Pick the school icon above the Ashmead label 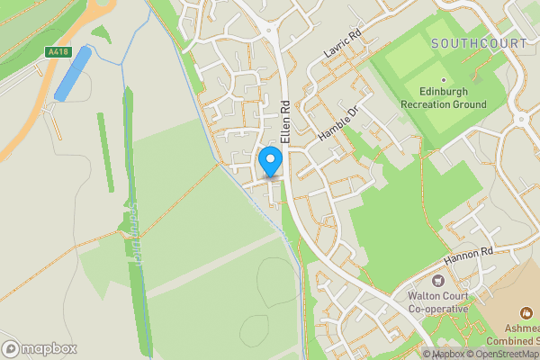(x=526, y=312)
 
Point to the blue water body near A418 (x=73, y=74)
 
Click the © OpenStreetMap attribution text (x=501, y=354)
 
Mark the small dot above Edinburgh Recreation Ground (x=443, y=79)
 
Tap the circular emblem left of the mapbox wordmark (x=11, y=348)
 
